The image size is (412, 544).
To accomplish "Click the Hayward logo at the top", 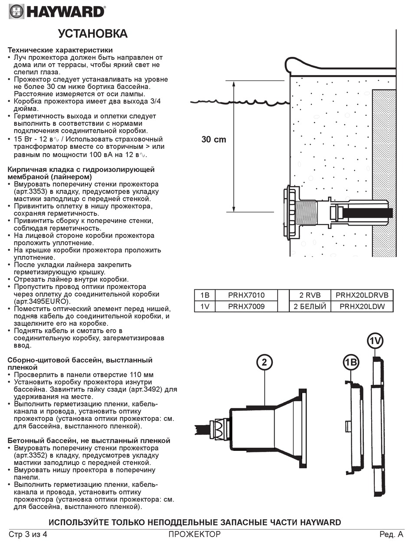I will [57, 11].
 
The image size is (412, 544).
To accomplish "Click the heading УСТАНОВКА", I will [93, 34].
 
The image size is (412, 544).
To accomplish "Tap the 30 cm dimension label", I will [213, 140].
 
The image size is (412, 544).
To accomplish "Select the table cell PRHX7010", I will [246, 295].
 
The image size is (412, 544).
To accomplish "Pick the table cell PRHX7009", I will [246, 306].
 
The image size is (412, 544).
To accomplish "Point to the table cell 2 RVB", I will [310, 295].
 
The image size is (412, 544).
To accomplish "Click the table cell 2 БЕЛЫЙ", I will [310, 306].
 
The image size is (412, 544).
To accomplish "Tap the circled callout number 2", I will [264, 362].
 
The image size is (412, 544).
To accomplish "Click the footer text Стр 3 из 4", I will [28, 534].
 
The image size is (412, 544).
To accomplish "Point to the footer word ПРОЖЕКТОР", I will [195, 534].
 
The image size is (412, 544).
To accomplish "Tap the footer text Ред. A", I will [391, 534].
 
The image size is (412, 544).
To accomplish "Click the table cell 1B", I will [205, 295].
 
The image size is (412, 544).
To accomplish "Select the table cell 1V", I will [205, 306].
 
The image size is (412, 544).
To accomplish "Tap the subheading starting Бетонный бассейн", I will [89, 441].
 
